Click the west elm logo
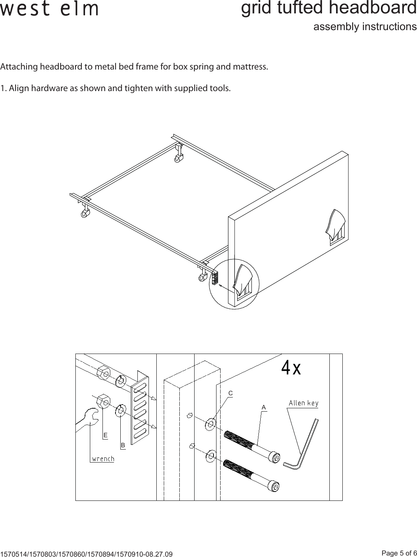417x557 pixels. (49, 9)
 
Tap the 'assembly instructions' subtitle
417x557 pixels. (365, 27)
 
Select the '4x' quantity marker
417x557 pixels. (291, 368)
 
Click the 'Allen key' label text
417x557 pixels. (303, 403)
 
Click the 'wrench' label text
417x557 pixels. (103, 458)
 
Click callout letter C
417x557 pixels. (230, 393)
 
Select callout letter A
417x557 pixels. (264, 407)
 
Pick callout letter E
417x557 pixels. (105, 435)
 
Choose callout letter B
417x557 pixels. (123, 445)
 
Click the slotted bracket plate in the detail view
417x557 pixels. (140, 409)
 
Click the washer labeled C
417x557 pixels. (211, 424)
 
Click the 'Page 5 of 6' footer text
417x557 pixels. (399, 553)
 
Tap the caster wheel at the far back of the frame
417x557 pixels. (177, 160)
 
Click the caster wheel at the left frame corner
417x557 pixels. (85, 215)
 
